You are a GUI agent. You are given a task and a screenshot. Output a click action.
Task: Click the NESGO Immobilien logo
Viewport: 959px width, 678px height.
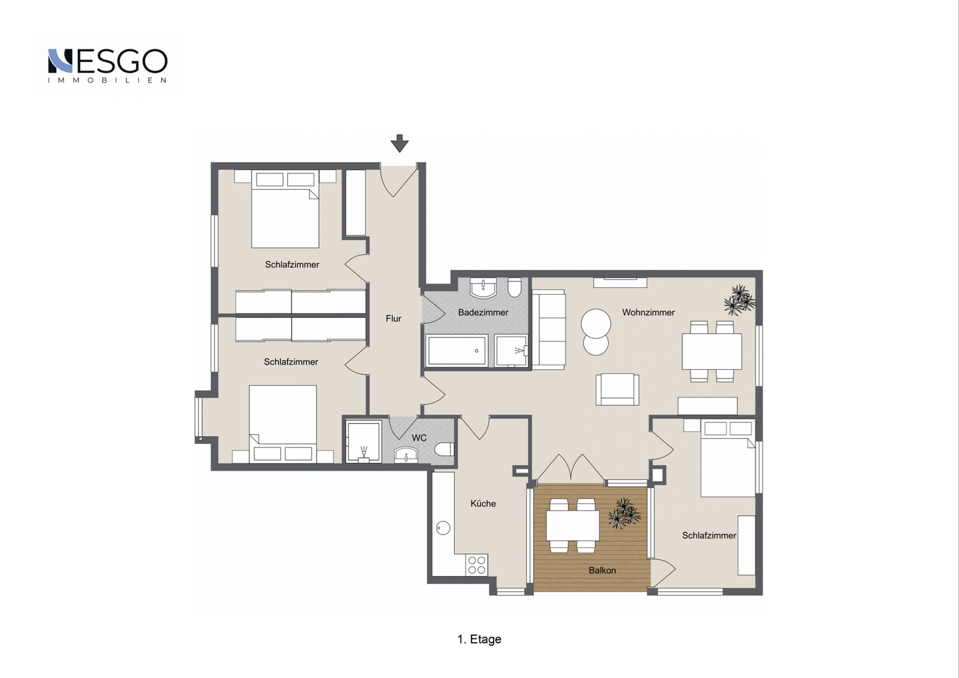pos(107,65)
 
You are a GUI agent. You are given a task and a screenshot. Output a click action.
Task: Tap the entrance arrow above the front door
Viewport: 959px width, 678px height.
pos(400,143)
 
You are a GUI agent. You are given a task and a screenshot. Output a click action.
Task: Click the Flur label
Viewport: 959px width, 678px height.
pos(394,319)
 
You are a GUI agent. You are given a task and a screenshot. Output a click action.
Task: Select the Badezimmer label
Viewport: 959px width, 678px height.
pos(483,313)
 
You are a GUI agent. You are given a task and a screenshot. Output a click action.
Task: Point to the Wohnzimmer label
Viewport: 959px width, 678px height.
pos(648,313)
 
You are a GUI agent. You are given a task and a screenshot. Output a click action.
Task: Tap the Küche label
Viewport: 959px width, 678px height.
pos(483,503)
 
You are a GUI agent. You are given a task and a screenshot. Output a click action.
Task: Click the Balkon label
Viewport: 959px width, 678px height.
pos(602,571)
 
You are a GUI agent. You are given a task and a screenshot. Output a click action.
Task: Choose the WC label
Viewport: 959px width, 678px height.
pos(419,438)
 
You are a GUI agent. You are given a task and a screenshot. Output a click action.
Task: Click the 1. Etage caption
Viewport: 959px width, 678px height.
pos(479,639)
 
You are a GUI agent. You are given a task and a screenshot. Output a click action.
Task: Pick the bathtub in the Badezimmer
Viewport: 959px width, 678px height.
pos(457,351)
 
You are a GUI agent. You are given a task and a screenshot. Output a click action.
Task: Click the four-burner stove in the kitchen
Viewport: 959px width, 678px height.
pos(477,565)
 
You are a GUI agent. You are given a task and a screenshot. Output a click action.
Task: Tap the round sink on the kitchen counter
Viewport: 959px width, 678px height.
pos(443,527)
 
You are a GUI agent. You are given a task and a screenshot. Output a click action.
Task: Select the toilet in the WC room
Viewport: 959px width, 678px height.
pos(444,449)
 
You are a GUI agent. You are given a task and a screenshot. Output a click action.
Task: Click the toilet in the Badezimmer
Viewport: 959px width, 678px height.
pos(514,287)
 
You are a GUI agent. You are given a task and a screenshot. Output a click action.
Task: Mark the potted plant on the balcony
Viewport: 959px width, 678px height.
pos(624,513)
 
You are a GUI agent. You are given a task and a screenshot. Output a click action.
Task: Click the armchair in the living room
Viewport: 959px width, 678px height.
pos(617,389)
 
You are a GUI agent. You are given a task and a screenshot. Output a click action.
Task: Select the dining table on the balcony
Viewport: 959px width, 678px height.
pos(573,525)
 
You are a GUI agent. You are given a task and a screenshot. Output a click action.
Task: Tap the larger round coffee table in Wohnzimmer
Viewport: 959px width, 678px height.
pos(595,324)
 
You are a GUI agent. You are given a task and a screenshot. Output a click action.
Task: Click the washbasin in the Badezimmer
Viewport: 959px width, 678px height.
pos(483,287)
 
